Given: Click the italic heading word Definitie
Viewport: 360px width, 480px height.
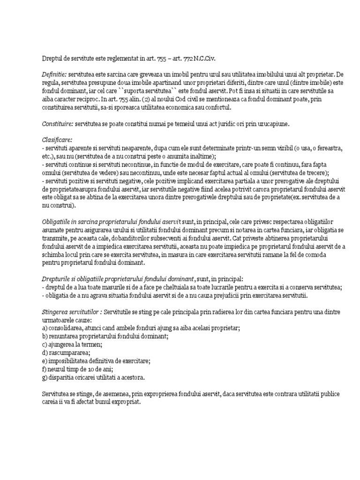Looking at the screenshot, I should (54, 75).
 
